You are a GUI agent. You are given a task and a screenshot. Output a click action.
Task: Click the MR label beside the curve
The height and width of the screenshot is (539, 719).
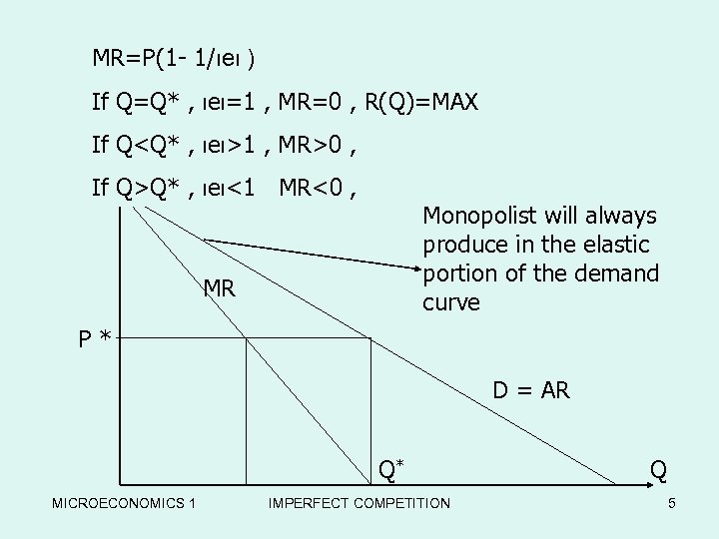tap(219, 289)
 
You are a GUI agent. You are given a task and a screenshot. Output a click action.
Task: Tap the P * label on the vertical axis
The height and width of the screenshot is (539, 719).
tap(96, 337)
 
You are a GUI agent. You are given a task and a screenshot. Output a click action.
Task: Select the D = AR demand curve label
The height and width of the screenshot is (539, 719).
tap(530, 390)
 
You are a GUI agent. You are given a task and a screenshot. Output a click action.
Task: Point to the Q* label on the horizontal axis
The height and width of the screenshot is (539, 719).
tap(391, 467)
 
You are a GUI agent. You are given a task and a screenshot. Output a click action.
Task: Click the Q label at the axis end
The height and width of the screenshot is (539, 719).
tap(659, 468)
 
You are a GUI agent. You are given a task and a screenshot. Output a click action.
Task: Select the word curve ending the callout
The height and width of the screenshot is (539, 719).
tap(451, 301)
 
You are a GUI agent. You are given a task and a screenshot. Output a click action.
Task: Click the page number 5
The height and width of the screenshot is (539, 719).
tap(672, 503)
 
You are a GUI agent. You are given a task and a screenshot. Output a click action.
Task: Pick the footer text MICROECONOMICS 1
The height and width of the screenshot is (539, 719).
tap(124, 503)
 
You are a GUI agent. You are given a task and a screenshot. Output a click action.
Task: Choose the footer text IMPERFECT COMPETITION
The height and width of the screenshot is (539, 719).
tap(359, 503)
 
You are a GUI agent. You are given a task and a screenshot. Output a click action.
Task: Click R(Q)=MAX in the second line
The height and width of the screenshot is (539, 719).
tap(421, 102)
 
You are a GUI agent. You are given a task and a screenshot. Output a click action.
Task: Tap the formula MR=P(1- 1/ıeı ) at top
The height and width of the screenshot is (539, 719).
tap(174, 58)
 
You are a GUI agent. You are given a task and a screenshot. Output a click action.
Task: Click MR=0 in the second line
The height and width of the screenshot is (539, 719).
tap(314, 102)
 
